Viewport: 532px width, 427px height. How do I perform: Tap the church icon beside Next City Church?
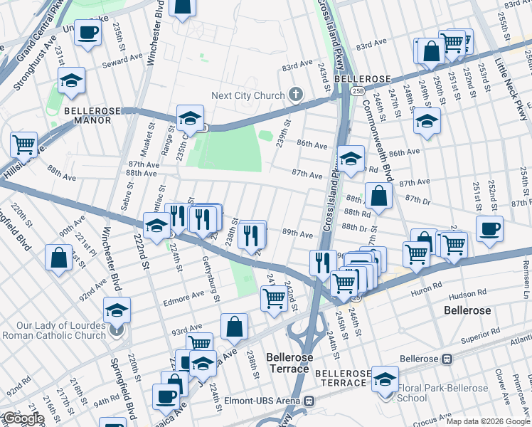tap(296, 95)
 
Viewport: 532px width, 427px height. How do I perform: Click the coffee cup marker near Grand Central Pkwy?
tap(88, 33)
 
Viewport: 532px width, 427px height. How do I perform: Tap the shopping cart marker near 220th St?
tap(24, 144)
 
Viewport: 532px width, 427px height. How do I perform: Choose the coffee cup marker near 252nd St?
tap(489, 229)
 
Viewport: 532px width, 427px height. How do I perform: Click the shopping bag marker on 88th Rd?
tap(379, 196)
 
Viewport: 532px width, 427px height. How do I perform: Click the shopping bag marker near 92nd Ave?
tap(59, 257)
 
